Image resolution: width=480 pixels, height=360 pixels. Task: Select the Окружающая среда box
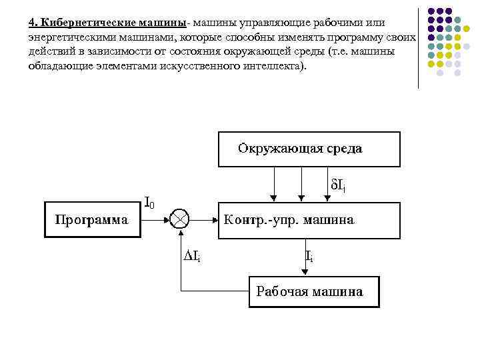(x=309, y=149)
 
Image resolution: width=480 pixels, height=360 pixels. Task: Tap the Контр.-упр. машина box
(x=309, y=220)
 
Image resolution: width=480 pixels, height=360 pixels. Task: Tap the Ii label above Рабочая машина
(x=309, y=255)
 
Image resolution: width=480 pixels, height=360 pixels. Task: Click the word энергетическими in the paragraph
(x=67, y=37)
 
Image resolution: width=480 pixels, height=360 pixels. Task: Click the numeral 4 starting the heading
(x=31, y=23)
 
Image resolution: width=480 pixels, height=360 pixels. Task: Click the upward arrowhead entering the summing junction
(x=180, y=232)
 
